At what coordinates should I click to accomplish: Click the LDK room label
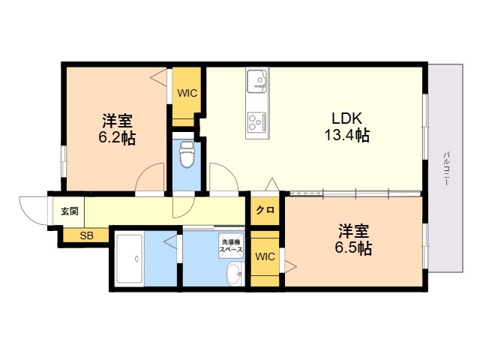[x=347, y=118]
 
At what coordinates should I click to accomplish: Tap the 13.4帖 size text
[x=347, y=136]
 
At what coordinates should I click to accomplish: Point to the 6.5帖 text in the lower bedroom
[x=355, y=249]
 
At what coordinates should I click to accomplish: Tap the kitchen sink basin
[x=257, y=80]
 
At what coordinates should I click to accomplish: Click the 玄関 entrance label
[x=68, y=211]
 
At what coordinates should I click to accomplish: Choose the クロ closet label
[x=265, y=211]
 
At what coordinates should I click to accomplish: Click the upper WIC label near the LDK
[x=187, y=94]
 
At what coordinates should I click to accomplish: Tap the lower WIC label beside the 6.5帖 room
[x=265, y=257]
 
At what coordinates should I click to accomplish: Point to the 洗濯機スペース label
[x=231, y=246]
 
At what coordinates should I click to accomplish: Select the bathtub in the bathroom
[x=129, y=259]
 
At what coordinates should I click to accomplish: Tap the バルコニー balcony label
[x=446, y=169]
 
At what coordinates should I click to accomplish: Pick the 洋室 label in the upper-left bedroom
[x=118, y=120]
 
